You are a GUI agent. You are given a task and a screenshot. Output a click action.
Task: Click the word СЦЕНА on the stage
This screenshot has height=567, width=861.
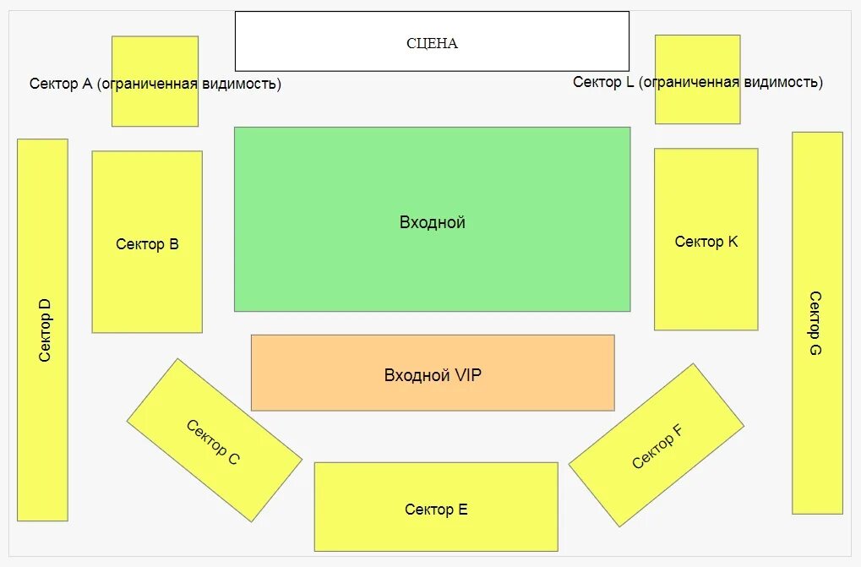point(432,43)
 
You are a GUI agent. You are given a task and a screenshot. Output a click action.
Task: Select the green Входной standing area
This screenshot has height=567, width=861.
point(432,220)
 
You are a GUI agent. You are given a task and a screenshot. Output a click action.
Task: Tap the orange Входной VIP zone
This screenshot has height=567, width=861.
point(433,373)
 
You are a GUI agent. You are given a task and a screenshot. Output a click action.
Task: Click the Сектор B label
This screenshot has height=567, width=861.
point(147,244)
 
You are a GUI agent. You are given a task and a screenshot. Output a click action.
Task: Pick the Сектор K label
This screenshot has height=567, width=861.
point(706,242)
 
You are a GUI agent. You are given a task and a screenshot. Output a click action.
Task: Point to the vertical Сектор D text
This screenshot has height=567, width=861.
point(45,330)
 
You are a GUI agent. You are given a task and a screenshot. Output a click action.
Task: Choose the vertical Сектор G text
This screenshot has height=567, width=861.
point(815,324)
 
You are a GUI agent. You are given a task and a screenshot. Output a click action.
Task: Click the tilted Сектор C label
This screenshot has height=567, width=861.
point(213,443)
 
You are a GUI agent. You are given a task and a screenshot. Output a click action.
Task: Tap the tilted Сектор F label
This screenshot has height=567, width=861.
point(657,446)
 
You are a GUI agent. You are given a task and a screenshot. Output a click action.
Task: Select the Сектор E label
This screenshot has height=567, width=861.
point(436,510)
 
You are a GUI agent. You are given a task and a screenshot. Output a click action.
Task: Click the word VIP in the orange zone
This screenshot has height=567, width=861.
point(468,375)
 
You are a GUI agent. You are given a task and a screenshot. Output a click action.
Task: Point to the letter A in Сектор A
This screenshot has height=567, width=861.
point(87,84)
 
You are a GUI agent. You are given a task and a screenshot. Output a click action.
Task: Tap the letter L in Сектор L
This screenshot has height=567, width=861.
point(629,82)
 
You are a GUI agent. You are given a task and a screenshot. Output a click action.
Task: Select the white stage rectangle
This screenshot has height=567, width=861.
point(432,41)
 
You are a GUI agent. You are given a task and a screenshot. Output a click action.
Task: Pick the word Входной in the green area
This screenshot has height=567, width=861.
point(432,222)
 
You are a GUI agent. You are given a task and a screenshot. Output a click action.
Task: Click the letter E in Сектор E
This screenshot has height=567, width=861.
point(463,510)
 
